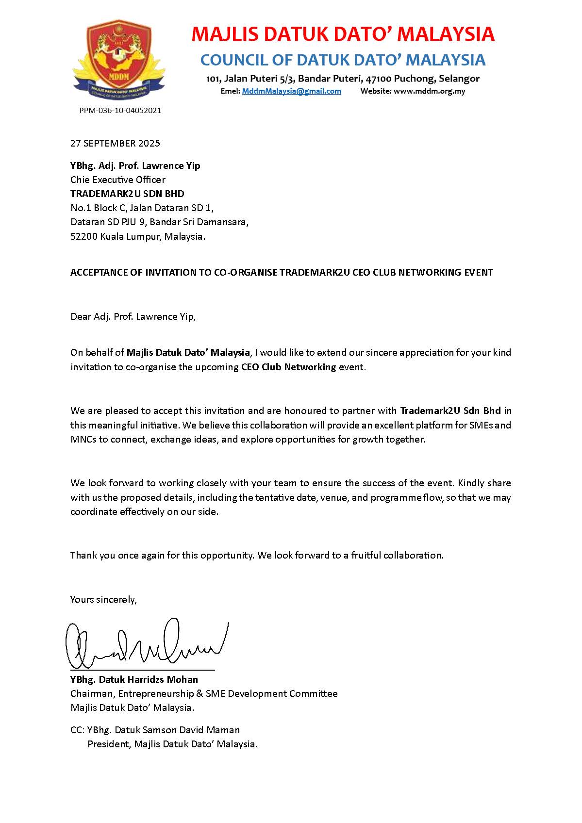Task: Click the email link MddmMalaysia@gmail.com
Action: click(291, 91)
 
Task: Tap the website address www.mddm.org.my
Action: click(429, 91)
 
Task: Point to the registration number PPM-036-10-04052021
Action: click(120, 111)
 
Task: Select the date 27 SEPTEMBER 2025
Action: click(115, 143)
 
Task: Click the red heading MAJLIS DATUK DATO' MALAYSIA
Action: click(343, 34)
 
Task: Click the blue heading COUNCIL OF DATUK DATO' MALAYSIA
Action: click(343, 60)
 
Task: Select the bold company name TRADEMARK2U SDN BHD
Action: click(127, 194)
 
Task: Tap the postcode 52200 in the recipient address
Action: click(83, 237)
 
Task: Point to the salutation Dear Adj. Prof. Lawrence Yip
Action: click(133, 317)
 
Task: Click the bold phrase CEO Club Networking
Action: click(288, 367)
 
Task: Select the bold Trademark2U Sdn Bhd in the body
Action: click(450, 411)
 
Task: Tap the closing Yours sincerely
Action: click(103, 600)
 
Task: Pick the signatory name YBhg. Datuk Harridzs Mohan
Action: click(134, 679)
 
